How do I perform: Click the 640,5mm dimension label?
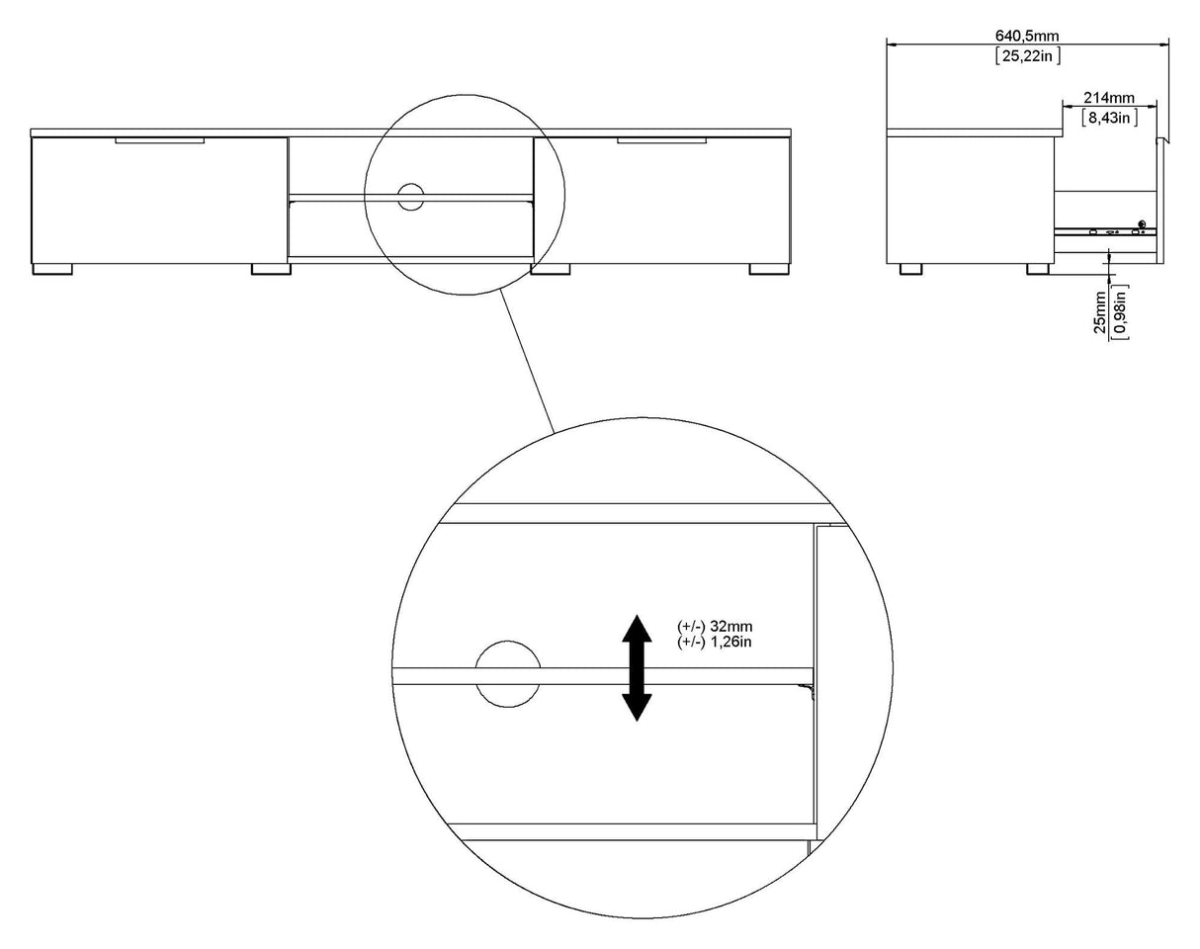click(1027, 36)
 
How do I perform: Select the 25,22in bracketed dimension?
click(1028, 55)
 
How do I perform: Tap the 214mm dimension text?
click(1109, 98)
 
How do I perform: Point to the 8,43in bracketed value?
click(1109, 117)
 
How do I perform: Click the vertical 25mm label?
click(1099, 311)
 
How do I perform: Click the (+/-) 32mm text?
click(715, 626)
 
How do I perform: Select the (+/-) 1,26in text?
click(715, 642)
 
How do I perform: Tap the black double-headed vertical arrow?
click(637, 667)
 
